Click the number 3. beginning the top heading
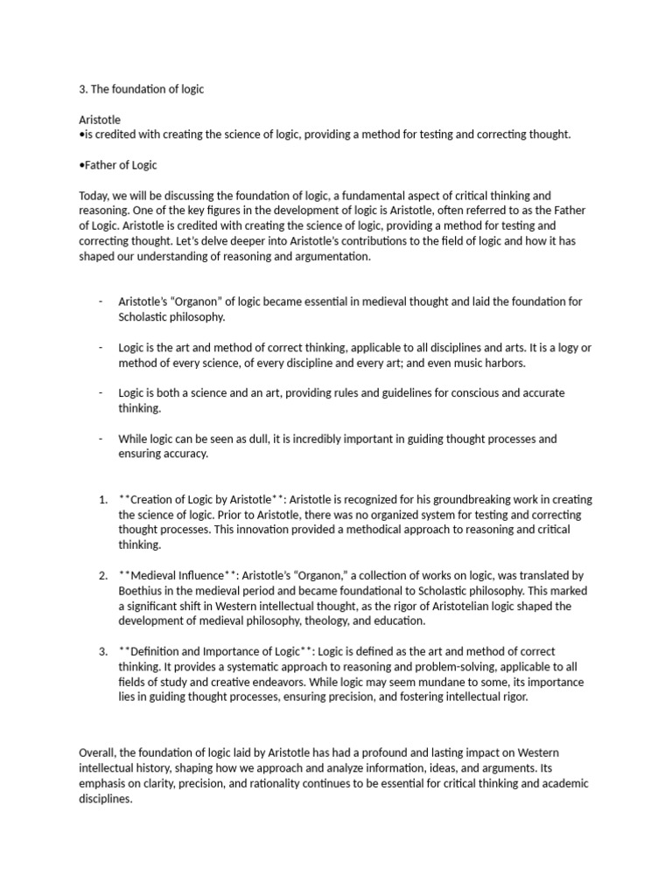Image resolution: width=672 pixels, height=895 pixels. tap(83, 89)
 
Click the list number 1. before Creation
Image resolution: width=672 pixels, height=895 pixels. tap(102, 500)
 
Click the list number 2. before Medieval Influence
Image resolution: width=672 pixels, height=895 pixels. tap(102, 576)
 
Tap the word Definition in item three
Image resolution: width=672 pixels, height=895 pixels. tap(164, 652)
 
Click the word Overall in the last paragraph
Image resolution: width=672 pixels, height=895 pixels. tap(99, 753)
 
